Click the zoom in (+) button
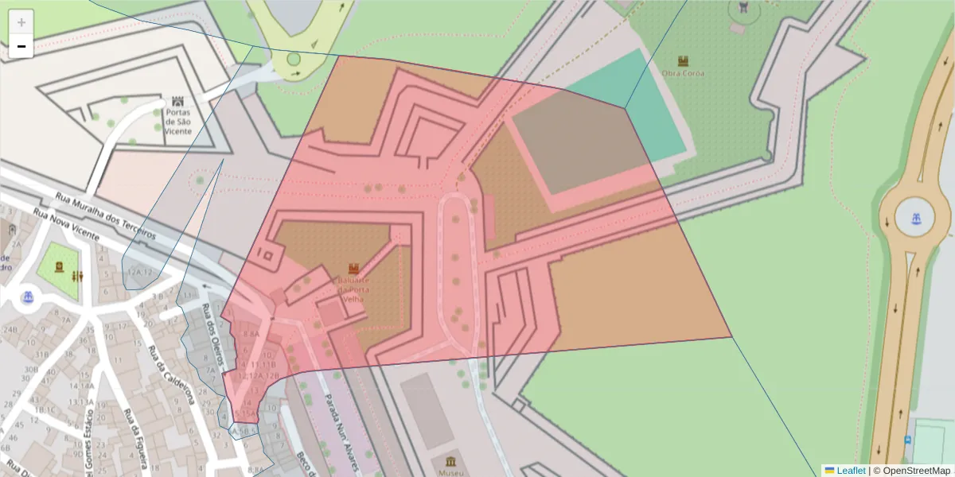click(21, 22)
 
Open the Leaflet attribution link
click(851, 471)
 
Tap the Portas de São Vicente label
click(177, 122)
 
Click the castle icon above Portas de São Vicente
click(177, 102)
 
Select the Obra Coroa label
click(683, 73)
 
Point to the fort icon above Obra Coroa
click(683, 60)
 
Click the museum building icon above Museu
click(451, 462)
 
